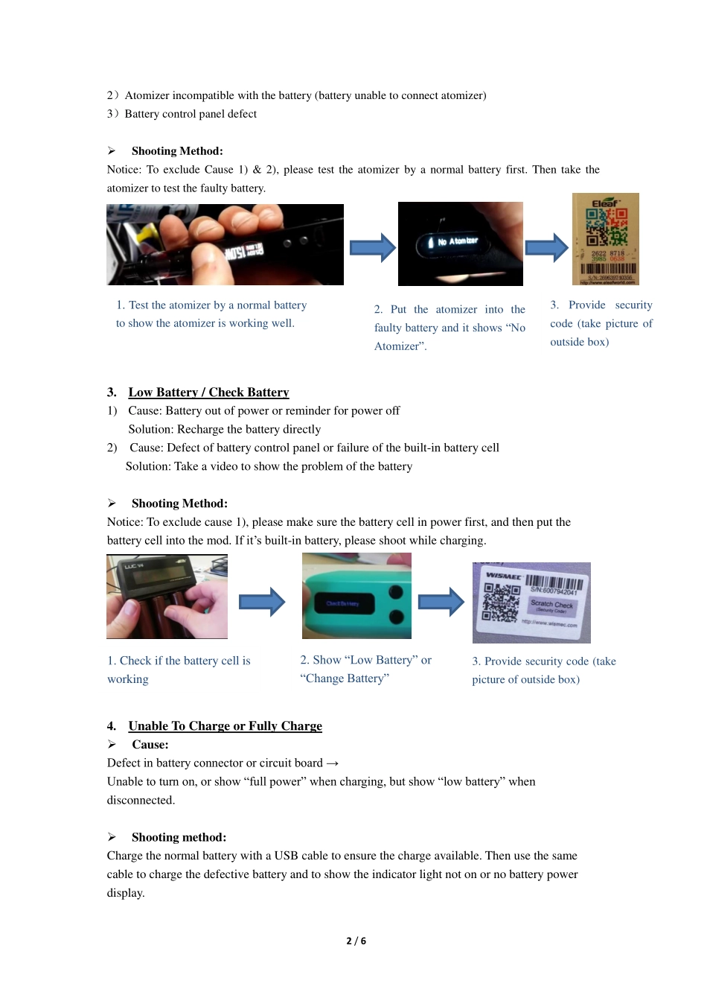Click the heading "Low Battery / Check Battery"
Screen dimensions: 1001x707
(x=208, y=393)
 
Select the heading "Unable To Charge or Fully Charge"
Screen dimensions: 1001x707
(x=225, y=726)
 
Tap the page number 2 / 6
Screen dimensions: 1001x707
(x=356, y=941)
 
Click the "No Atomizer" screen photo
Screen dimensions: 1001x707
(x=460, y=244)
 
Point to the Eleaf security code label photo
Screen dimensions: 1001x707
(x=605, y=239)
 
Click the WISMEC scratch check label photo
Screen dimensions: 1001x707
(x=531, y=603)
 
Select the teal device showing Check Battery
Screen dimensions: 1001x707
(x=356, y=596)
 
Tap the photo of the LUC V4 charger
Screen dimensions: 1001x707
(x=167, y=597)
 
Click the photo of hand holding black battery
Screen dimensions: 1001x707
(x=225, y=244)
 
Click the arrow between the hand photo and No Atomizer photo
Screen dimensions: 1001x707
(x=372, y=248)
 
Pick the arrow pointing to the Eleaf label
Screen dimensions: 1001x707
(x=547, y=248)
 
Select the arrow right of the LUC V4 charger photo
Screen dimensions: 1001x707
(x=262, y=602)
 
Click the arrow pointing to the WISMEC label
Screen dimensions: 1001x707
(x=441, y=602)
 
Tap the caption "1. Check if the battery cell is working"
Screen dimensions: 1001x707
(x=179, y=670)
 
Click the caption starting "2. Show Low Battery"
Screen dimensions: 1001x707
(x=365, y=669)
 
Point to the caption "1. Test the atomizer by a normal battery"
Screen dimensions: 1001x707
(x=211, y=314)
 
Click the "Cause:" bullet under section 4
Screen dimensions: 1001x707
(x=150, y=745)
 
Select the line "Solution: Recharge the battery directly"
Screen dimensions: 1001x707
(x=224, y=430)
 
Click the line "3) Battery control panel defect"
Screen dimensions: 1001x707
(x=182, y=114)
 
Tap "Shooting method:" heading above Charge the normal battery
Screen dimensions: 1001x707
(x=179, y=838)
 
